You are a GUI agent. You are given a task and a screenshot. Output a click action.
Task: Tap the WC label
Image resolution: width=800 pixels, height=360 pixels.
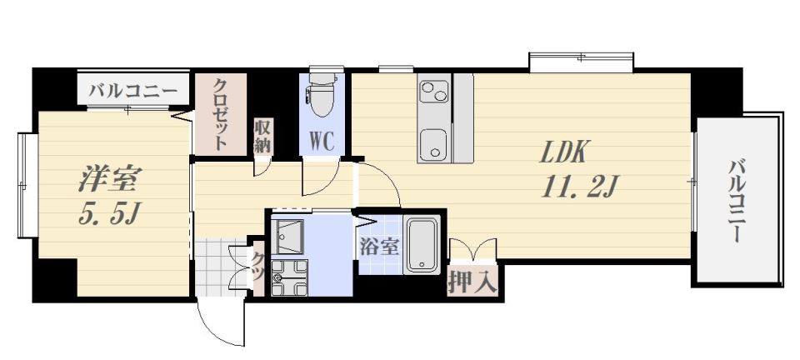tap(322, 141)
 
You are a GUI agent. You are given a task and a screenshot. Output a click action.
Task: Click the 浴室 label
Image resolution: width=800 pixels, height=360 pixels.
tap(379, 247)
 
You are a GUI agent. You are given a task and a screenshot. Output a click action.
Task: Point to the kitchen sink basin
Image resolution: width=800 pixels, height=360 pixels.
tap(434, 143)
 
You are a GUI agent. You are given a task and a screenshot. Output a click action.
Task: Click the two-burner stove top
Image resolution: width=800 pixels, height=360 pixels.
tap(434, 91)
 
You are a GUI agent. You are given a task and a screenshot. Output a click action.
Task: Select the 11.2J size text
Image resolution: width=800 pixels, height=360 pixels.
tap(580, 187)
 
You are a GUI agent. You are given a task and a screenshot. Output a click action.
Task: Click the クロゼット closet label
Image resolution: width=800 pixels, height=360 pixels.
tap(221, 113)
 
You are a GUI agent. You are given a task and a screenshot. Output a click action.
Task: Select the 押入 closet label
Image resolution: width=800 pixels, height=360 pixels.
tap(472, 282)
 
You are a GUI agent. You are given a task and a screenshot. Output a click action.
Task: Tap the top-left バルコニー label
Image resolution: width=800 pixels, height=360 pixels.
tap(133, 92)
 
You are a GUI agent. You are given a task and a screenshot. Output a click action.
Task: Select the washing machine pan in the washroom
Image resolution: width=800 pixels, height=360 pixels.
tap(287, 237)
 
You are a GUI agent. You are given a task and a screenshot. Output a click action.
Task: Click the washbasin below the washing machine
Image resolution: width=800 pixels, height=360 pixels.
tap(289, 277)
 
